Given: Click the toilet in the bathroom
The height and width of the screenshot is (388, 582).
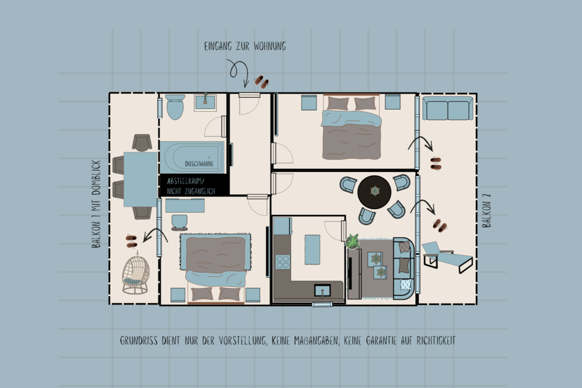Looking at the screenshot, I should pos(175,106).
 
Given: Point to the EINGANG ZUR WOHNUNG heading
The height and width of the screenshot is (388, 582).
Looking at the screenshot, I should pos(245,47).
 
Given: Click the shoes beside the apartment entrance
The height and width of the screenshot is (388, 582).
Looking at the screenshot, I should pos(261,82).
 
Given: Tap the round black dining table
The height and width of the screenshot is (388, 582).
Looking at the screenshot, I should pos(375,191).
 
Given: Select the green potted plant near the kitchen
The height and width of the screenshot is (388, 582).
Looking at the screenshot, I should pos(352,241).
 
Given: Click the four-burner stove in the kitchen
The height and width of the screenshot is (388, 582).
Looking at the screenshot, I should pos(282,262).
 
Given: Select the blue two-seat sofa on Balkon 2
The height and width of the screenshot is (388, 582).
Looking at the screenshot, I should pos(447,109).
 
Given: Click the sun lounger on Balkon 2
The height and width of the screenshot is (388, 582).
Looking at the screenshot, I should pos(447,256).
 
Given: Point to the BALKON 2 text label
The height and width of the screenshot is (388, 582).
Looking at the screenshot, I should pos(487,210).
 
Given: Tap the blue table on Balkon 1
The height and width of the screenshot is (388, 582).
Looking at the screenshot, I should pos(140,180).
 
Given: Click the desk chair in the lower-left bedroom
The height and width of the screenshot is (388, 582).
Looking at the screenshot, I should pos(180,220).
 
